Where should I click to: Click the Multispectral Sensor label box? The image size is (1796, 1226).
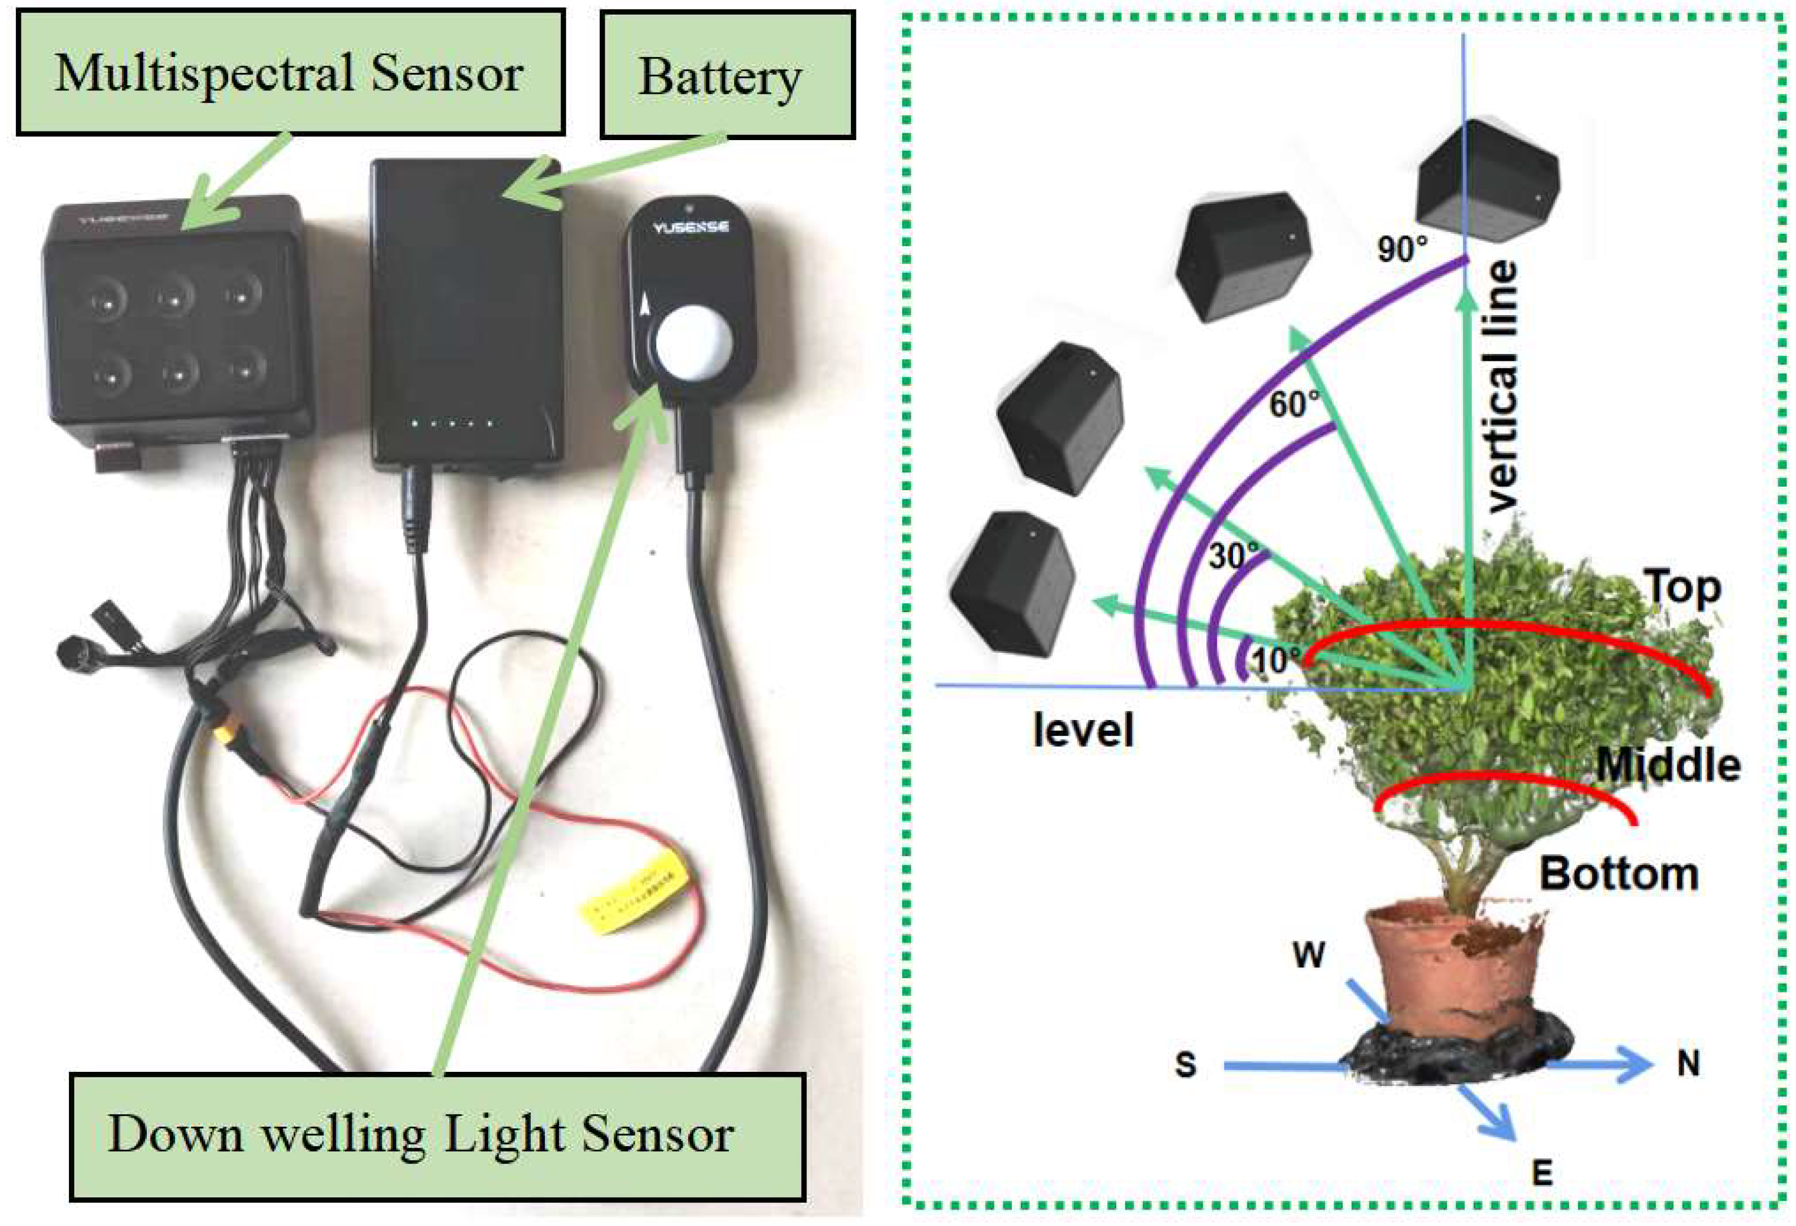tap(290, 73)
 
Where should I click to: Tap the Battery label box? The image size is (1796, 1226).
tap(727, 76)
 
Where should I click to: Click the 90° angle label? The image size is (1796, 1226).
tap(1402, 250)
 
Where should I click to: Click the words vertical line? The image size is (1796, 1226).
tap(1502, 386)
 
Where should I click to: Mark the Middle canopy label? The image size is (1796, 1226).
tap(1668, 765)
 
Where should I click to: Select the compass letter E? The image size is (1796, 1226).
tap(1542, 1173)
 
